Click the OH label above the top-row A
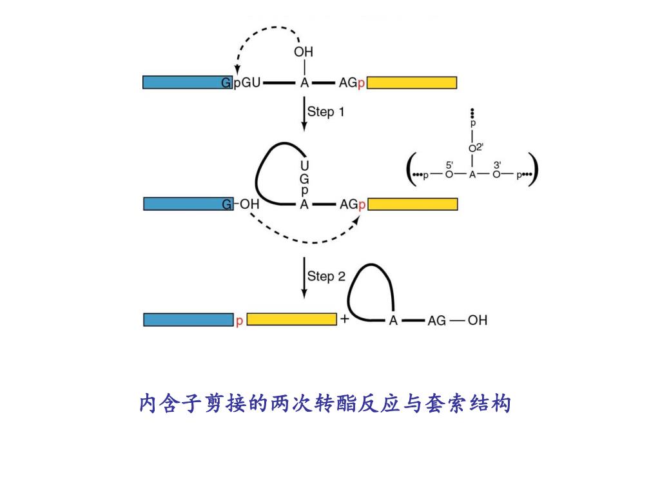[x=304, y=52]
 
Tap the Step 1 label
[x=325, y=112]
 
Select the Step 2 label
[x=326, y=277]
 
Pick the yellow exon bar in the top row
[x=412, y=82]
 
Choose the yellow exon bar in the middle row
[x=412, y=204]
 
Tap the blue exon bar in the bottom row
[x=188, y=320]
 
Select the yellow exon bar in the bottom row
[x=291, y=320]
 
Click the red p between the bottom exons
[x=239, y=320]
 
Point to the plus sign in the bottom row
[x=344, y=319]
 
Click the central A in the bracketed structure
[x=472, y=175]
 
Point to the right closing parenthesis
[x=533, y=170]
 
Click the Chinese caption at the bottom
[x=325, y=404]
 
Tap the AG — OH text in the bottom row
[x=457, y=320]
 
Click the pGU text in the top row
[x=246, y=83]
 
